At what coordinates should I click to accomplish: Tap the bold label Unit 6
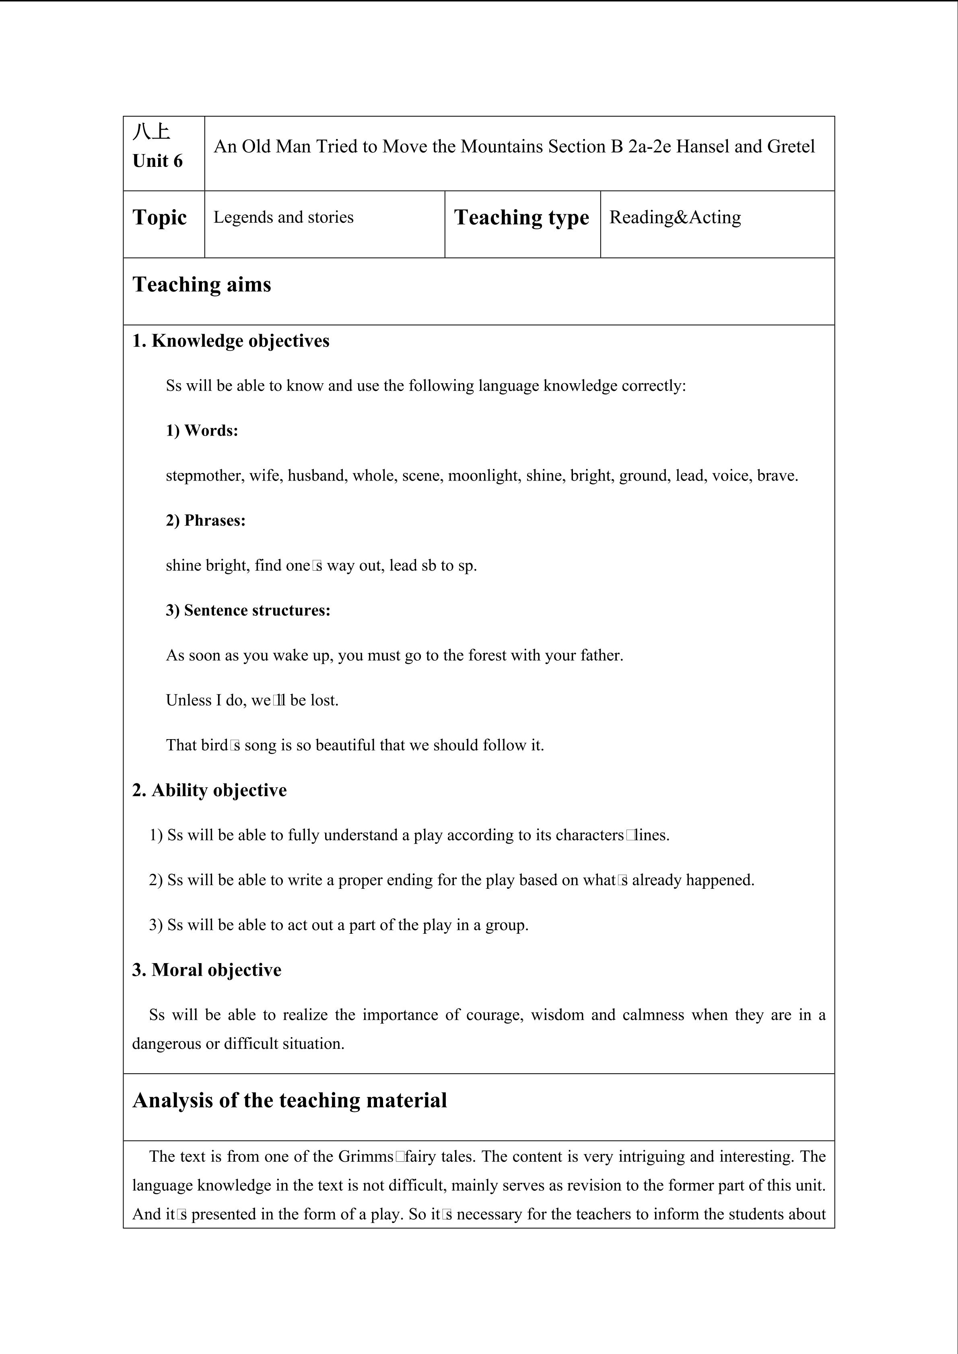[157, 161]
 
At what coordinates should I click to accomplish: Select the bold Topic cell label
[159, 217]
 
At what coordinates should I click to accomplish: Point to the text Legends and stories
[283, 217]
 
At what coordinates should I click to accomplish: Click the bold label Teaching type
[521, 217]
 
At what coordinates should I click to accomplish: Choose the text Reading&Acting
[675, 217]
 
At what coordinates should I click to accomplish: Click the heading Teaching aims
[202, 284]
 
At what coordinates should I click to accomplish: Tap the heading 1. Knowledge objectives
[231, 341]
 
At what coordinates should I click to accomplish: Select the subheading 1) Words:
[202, 431]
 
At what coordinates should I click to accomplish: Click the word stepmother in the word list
[204, 475]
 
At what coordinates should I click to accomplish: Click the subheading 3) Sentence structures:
[248, 610]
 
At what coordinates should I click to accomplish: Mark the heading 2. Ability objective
[209, 790]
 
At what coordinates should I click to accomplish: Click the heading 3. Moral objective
[206, 970]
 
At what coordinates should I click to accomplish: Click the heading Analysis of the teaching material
[290, 1100]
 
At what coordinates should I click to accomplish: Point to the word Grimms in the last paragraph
[365, 1157]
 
